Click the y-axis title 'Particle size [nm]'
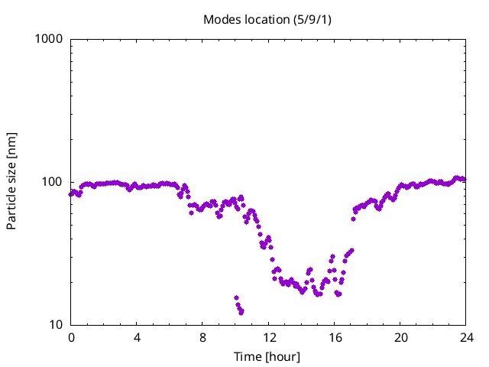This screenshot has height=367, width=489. point(11,180)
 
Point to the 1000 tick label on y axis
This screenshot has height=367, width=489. point(50,39)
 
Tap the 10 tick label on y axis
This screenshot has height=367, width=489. point(56,325)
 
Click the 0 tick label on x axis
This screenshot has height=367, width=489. point(71,338)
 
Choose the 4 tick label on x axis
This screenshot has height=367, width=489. point(137,338)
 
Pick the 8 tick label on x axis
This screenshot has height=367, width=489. point(203,338)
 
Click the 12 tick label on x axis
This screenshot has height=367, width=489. point(269,338)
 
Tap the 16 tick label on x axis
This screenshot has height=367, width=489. point(335,338)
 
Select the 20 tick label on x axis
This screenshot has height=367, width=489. point(400,338)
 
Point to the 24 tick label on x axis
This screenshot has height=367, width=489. point(466,338)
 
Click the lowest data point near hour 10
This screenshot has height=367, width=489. point(241,312)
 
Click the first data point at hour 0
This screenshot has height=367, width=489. point(71,193)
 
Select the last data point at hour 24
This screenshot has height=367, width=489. point(464,180)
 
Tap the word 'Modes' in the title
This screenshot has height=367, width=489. point(222,19)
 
